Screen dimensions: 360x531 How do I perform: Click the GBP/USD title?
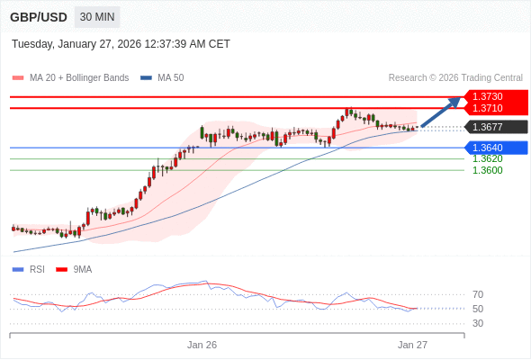(38, 17)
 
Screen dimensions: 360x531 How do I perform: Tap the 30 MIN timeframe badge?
(96, 17)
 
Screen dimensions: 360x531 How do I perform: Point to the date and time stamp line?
(121, 43)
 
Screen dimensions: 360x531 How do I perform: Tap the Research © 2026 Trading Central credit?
(455, 77)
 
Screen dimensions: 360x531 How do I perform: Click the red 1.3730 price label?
(489, 96)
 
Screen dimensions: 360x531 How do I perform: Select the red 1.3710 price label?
(489, 108)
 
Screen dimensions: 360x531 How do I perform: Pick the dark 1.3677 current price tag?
(489, 127)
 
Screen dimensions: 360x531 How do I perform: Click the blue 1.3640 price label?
(489, 148)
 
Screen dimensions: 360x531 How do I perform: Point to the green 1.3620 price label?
(487, 158)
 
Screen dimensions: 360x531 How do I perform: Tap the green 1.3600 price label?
(487, 170)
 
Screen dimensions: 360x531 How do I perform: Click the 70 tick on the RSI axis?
(478, 294)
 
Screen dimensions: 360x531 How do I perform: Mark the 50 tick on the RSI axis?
(478, 309)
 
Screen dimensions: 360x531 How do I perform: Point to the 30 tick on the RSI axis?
(478, 323)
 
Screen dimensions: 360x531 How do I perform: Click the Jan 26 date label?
(202, 345)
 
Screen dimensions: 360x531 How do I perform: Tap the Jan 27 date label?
(412, 345)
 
